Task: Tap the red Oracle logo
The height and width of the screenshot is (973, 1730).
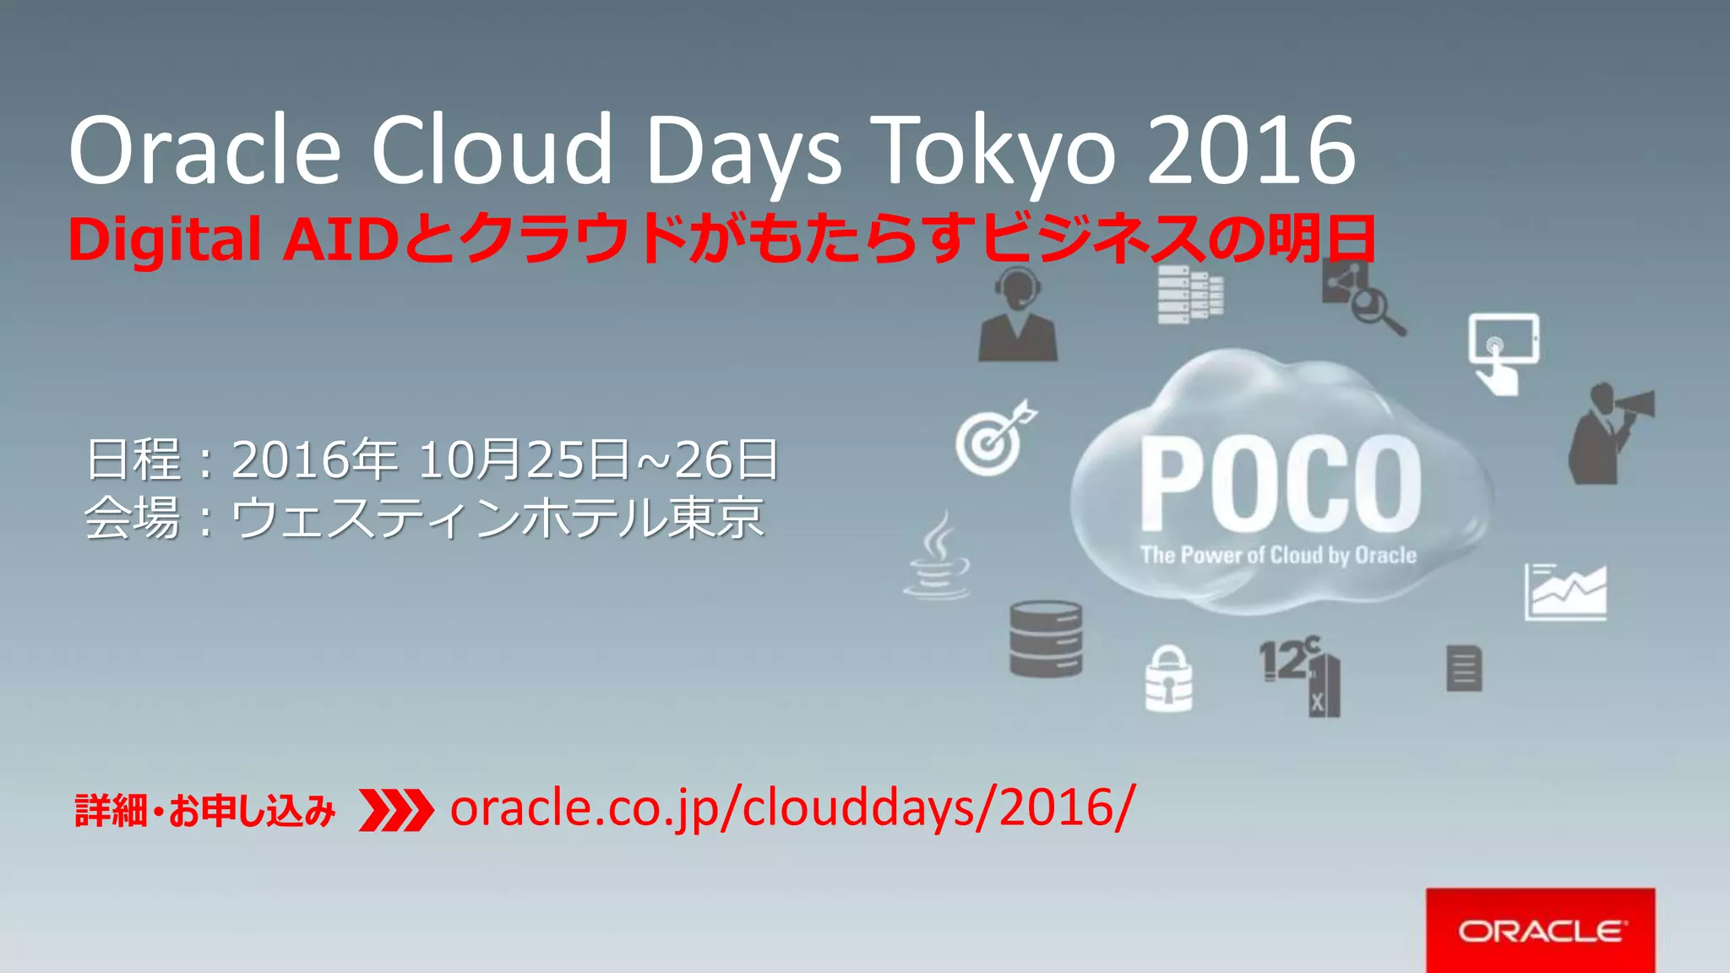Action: (1540, 931)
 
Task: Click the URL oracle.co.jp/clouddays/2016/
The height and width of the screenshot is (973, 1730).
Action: (792, 807)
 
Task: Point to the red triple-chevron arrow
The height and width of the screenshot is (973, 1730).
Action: (395, 810)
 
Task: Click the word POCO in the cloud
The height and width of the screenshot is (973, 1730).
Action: (1281, 485)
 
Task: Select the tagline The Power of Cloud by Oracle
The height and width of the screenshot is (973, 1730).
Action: (1278, 555)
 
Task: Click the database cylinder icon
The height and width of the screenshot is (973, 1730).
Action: (1046, 639)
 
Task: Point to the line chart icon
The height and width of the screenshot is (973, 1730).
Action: (1565, 591)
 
